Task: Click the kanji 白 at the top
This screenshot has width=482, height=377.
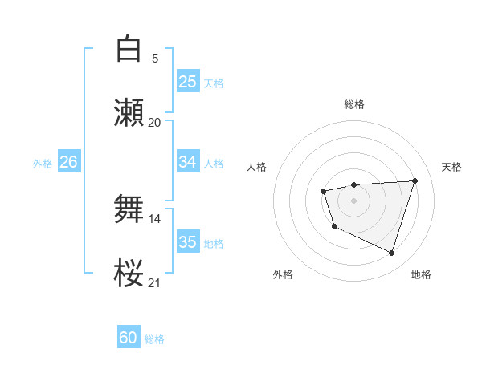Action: coord(129,50)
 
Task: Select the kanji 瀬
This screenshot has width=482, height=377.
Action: coord(129,112)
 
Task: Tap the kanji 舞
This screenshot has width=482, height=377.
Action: coord(129,209)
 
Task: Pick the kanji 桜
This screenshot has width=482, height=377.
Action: coord(129,273)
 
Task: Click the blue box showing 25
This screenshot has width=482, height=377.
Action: coord(187,82)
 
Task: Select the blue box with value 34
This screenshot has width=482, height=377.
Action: coord(187,162)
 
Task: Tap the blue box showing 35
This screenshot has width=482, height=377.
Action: coord(187,242)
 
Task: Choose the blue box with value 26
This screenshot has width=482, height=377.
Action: coord(68,162)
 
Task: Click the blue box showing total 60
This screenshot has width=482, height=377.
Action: coord(129,338)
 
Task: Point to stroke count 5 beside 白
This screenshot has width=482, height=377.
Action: coord(155,59)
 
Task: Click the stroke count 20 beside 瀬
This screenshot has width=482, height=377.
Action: coord(154,123)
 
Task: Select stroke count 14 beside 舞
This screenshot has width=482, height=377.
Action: coord(154,218)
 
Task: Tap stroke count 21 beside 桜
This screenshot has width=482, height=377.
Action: coord(154,282)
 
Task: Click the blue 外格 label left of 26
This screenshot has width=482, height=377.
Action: coord(43,164)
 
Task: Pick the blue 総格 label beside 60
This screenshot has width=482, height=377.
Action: coord(154,339)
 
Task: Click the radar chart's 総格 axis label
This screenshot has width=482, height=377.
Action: coord(354,104)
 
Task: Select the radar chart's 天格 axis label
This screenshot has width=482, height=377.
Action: coord(451,167)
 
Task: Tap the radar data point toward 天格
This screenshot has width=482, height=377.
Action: coord(415,180)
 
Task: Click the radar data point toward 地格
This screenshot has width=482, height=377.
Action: coord(391,253)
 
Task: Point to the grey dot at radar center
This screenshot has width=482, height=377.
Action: coord(353,200)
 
